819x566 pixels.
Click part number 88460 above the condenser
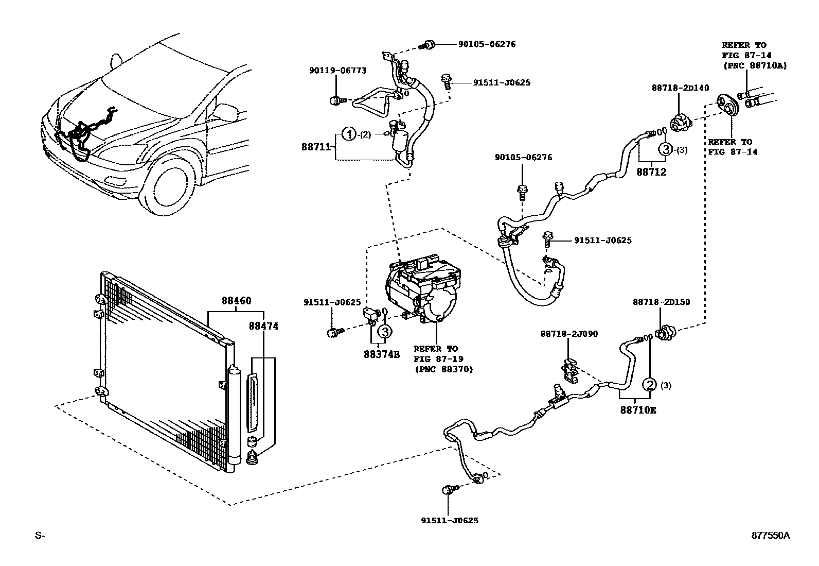(x=236, y=300)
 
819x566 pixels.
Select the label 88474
(x=263, y=326)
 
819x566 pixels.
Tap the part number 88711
(x=316, y=147)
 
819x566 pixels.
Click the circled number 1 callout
(x=349, y=134)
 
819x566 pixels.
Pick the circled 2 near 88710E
(x=650, y=385)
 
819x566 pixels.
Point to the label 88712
(x=651, y=172)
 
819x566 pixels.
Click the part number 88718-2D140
(x=680, y=88)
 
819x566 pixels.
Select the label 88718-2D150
(x=661, y=302)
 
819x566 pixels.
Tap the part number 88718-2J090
(x=569, y=334)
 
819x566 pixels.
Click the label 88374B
(x=381, y=354)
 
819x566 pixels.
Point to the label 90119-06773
(x=337, y=70)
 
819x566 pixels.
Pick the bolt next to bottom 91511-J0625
(x=448, y=490)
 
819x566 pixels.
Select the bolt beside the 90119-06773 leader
(x=335, y=100)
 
